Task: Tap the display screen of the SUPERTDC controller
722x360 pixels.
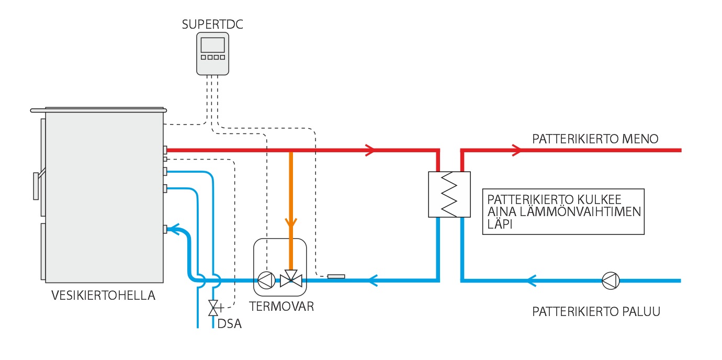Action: click(x=212, y=44)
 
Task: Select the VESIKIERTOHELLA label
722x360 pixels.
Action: click(x=104, y=296)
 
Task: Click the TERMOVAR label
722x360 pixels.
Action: click(x=281, y=307)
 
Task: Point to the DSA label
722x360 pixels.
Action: click(x=230, y=324)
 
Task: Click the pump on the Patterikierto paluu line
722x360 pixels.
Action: click(x=611, y=280)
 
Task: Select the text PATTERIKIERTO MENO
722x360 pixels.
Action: click(x=595, y=139)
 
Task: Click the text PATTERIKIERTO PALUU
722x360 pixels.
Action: click(x=596, y=312)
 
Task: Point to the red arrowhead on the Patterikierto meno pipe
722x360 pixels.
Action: click(x=517, y=150)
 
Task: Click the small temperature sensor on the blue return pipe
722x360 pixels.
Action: click(x=336, y=276)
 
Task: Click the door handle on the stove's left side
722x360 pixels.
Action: click(x=36, y=186)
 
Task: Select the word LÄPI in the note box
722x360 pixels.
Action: click(x=500, y=225)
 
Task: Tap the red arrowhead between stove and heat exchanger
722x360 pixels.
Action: click(x=370, y=150)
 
